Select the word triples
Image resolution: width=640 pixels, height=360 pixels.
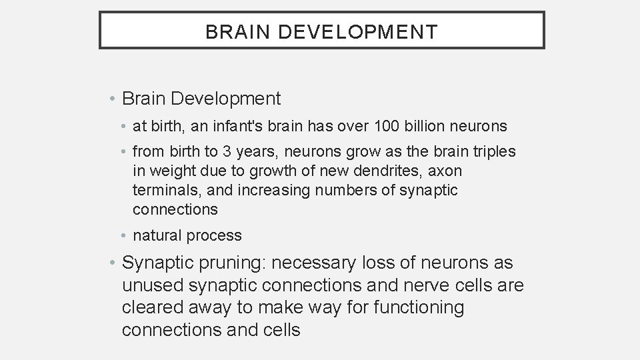tap(492, 151)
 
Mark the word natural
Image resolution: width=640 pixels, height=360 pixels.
tap(158, 235)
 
